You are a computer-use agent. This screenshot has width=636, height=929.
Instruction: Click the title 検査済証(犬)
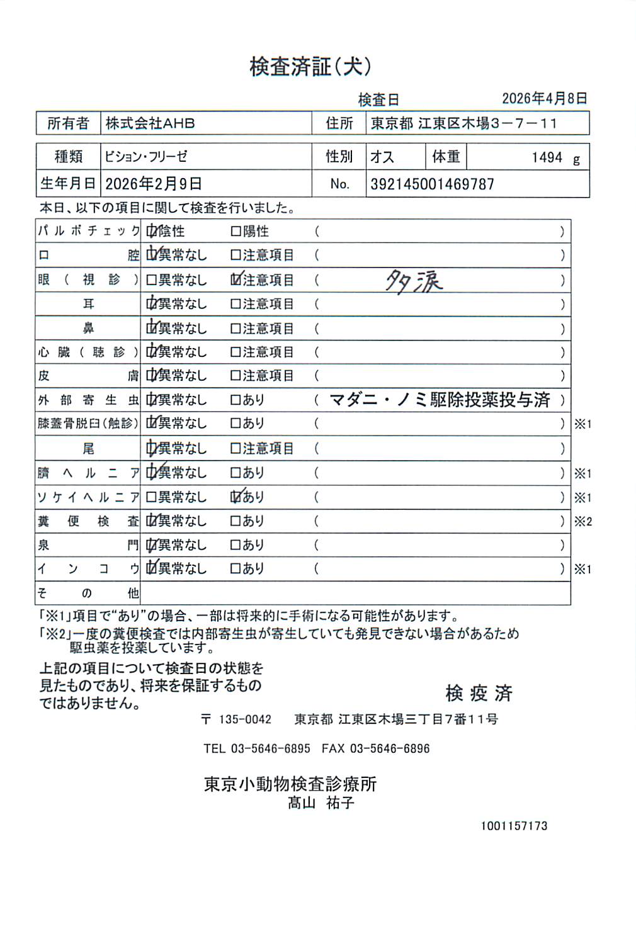(310, 67)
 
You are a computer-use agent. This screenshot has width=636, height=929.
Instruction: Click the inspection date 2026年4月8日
(544, 98)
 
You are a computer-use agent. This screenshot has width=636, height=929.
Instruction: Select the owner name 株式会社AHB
(150, 123)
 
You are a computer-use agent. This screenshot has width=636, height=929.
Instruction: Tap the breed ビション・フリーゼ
(146, 157)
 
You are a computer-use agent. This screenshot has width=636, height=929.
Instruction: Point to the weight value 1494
(547, 157)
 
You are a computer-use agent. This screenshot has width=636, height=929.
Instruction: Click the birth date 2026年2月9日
(153, 184)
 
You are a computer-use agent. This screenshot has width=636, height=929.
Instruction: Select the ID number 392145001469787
(432, 184)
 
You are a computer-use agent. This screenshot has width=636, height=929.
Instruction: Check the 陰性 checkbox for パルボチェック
(151, 232)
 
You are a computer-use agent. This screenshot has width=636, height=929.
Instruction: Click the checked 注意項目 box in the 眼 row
(236, 279)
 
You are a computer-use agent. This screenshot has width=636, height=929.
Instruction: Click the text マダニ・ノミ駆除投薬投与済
(440, 400)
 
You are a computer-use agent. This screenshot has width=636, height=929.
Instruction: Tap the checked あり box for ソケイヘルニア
(236, 497)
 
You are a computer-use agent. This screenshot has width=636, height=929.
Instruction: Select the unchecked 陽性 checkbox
(236, 232)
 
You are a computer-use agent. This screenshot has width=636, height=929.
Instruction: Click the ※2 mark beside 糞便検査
(582, 522)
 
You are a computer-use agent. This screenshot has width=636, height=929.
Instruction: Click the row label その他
(88, 593)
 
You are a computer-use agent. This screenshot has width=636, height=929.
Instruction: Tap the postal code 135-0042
(245, 719)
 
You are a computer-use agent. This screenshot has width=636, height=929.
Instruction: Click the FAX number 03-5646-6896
(390, 749)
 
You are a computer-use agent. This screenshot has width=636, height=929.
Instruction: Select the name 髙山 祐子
(321, 803)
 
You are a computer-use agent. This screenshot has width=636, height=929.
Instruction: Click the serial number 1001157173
(514, 826)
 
